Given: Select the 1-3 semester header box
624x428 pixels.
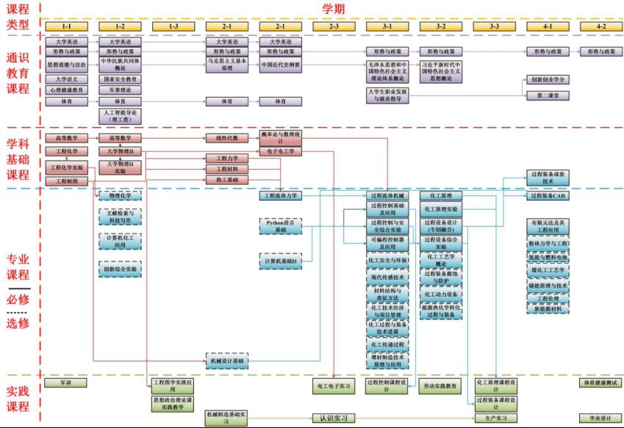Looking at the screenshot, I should point(173,26).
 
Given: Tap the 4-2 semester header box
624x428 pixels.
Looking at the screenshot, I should point(600,26).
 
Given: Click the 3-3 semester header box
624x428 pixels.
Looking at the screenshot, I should point(494,26).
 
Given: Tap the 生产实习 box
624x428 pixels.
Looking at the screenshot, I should point(494,418).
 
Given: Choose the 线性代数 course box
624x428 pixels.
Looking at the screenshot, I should point(228,137).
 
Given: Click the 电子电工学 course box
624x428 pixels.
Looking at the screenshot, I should point(281,151).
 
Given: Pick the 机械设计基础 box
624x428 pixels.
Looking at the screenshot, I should point(228,361).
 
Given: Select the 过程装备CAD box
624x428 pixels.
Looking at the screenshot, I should point(548,196).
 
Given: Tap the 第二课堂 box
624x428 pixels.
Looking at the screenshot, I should point(548,95).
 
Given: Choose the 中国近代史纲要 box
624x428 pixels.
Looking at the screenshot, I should point(281,64).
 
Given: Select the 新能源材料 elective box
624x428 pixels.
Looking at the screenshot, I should point(548,309).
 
